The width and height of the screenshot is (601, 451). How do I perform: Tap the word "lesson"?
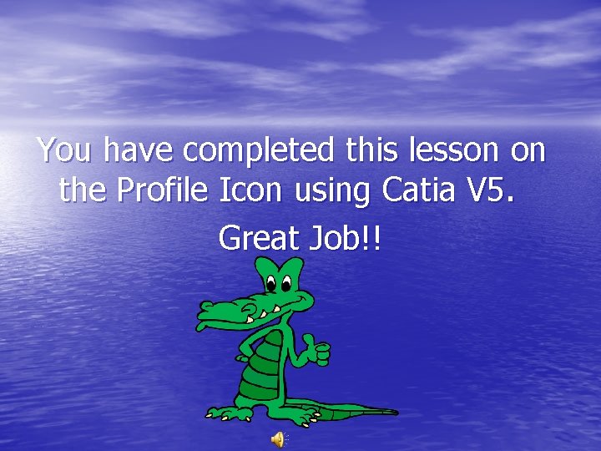[x=454, y=151]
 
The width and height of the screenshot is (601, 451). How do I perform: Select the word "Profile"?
[x=163, y=191]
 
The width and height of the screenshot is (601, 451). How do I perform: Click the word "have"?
[x=143, y=151]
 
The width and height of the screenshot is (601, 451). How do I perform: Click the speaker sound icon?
[x=278, y=439]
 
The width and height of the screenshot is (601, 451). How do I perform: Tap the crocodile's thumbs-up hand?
[x=316, y=351]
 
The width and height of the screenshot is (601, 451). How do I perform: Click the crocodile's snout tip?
[x=202, y=316]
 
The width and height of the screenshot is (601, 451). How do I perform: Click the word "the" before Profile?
[x=83, y=191]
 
